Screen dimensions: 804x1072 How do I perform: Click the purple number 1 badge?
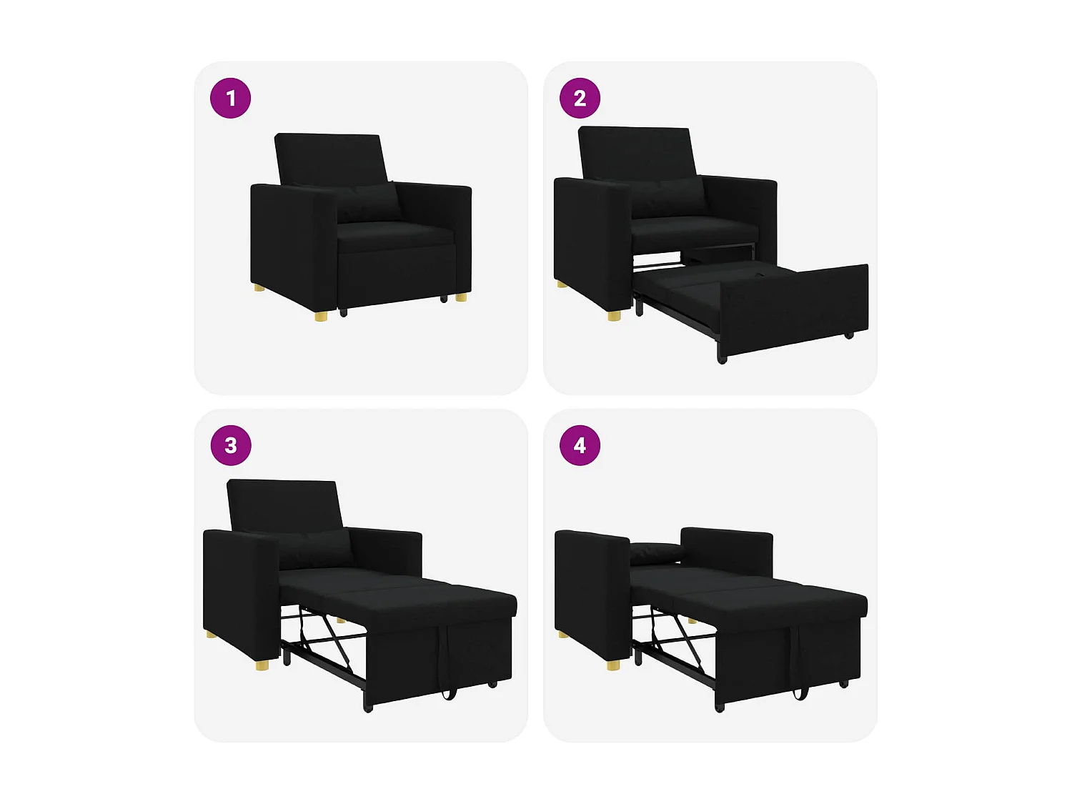point(230,98)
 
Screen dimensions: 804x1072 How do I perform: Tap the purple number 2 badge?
point(580,98)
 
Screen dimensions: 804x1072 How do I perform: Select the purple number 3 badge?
point(230,445)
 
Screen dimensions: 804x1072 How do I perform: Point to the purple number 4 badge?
point(580,445)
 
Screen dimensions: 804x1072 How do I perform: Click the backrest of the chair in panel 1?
point(329,157)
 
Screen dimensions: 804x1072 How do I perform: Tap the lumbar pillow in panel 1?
point(368,202)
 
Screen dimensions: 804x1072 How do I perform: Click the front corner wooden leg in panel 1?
point(321,315)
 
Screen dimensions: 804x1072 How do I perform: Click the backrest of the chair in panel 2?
point(636,152)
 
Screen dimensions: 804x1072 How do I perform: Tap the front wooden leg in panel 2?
point(614,315)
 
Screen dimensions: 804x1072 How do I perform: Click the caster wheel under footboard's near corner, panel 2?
point(722,359)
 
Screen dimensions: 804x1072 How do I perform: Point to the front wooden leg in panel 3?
point(263,665)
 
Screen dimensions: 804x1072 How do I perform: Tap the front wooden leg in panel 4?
point(613,665)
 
